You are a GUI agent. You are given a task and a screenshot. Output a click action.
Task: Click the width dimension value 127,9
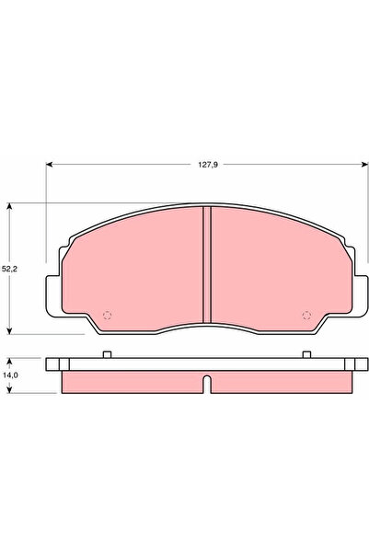point(208,167)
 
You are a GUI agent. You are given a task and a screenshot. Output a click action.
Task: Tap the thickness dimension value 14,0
point(9,375)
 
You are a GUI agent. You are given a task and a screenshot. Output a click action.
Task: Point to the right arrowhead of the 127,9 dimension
point(365,167)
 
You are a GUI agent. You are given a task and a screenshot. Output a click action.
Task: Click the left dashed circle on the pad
point(107,316)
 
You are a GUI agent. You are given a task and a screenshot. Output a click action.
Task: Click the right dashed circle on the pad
point(307,316)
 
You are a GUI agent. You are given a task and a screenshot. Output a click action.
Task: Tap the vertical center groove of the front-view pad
point(207,267)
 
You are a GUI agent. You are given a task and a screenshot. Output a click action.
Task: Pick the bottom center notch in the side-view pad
point(208,384)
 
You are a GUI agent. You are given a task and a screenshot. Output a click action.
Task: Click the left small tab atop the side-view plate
point(107,355)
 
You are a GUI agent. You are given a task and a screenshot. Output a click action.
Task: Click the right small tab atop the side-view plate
point(307,355)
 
